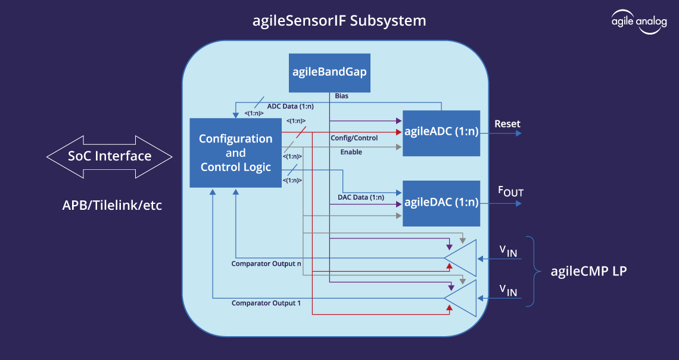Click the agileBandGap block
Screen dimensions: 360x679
tap(329, 73)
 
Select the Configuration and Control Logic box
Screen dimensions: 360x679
tap(235, 153)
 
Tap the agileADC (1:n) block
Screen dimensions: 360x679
tap(441, 133)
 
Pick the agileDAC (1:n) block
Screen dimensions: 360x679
tap(441, 203)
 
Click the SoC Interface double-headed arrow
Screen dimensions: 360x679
tap(110, 157)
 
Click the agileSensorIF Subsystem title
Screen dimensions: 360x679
tap(339, 21)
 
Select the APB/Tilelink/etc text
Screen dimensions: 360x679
tap(113, 206)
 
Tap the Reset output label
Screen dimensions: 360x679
tap(507, 124)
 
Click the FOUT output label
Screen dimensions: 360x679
tap(510, 192)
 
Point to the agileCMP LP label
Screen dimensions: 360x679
tap(588, 271)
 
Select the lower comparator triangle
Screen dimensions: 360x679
tap(462, 298)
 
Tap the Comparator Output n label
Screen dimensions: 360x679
tap(266, 263)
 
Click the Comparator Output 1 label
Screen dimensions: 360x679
tap(266, 303)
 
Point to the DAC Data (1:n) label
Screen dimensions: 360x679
tap(357, 197)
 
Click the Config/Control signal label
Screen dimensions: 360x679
tap(354, 138)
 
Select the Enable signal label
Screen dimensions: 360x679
tap(351, 152)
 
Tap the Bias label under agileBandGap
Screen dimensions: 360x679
tap(342, 96)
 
